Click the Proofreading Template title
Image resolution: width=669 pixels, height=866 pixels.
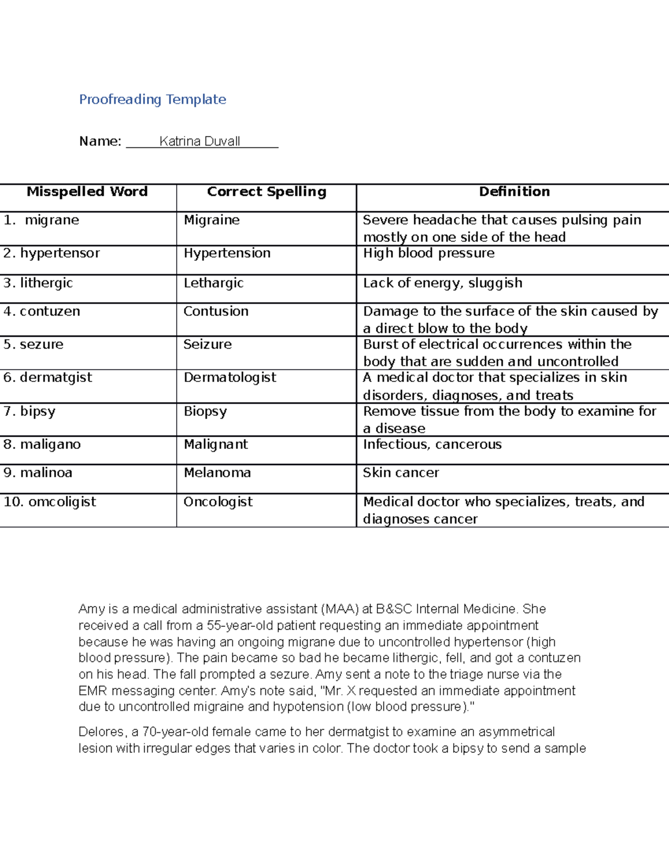[x=152, y=99]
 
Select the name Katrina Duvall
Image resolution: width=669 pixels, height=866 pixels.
[x=200, y=141]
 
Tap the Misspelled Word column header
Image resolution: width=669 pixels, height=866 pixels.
[x=87, y=192]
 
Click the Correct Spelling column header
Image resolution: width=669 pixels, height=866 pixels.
[x=266, y=192]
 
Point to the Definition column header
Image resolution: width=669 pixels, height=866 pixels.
[x=514, y=192]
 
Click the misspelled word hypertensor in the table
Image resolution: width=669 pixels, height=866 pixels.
[x=60, y=253]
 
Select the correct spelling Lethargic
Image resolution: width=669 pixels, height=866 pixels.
[x=214, y=283]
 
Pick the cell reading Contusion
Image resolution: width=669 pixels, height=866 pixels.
[x=216, y=311]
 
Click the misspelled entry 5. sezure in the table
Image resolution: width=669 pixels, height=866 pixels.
[x=33, y=345]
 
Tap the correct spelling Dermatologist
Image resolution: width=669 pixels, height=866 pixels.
[x=230, y=378]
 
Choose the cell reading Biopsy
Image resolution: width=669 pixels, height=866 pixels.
[x=205, y=412]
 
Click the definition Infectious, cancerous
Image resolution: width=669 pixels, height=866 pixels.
[x=432, y=444]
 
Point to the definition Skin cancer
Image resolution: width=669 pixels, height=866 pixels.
[x=401, y=473]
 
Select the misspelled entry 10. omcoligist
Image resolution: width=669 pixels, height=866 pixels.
[x=50, y=502]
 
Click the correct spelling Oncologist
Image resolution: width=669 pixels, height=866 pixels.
[x=218, y=502]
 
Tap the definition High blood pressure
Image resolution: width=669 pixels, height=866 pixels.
[x=429, y=253]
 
